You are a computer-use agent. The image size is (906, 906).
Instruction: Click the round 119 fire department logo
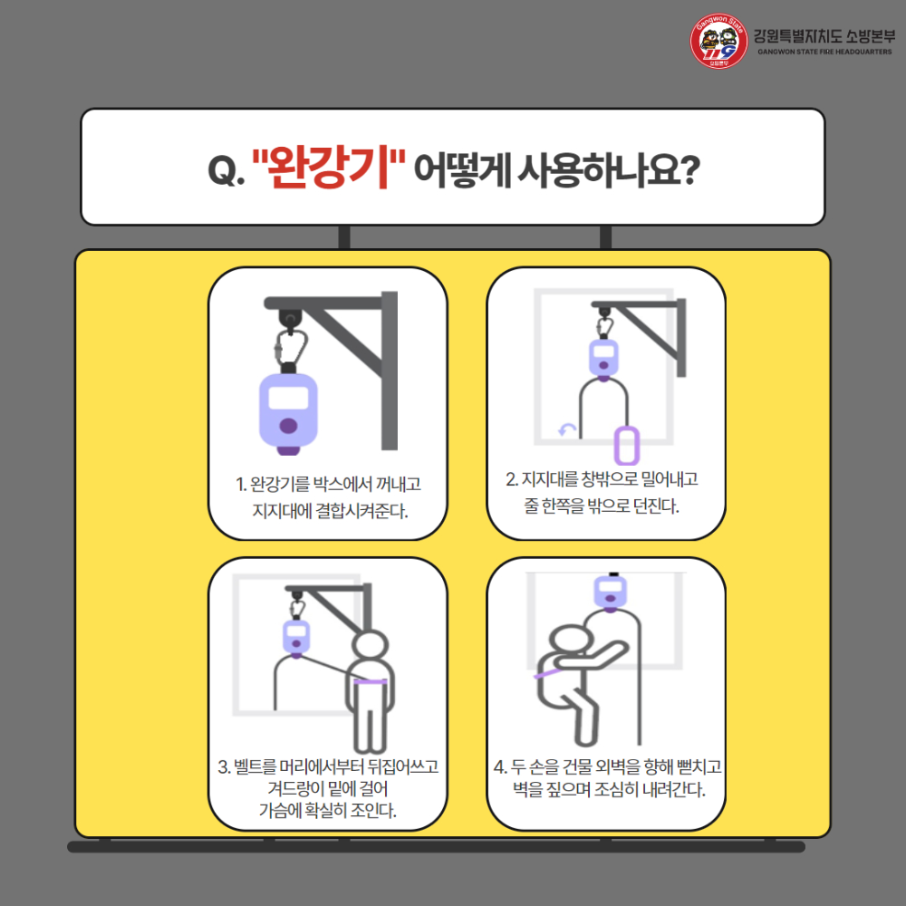coord(718,43)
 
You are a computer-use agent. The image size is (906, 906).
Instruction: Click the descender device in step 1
coord(288,412)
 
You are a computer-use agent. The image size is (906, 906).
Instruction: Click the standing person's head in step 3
coord(368,648)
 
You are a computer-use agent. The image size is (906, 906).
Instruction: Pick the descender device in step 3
coord(296,636)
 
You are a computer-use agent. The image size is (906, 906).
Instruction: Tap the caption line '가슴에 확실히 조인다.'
coord(328,809)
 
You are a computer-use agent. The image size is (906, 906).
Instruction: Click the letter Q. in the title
coord(223,171)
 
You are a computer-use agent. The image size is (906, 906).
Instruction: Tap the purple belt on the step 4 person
coord(546,676)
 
